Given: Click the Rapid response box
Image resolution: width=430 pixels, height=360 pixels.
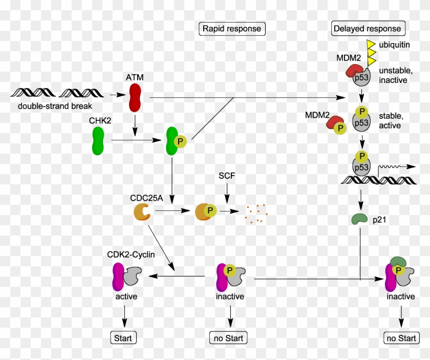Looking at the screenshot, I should [x=231, y=29].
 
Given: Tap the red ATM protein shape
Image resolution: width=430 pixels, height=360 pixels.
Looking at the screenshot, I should [x=136, y=97].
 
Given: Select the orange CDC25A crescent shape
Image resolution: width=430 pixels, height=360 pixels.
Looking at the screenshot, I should [x=142, y=211].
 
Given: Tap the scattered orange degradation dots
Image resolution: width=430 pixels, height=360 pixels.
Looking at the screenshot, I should [x=254, y=213].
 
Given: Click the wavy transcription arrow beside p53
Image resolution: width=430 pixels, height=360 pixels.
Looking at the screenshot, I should [x=397, y=167].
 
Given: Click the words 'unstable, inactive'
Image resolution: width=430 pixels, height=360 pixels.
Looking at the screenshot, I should [x=394, y=75].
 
